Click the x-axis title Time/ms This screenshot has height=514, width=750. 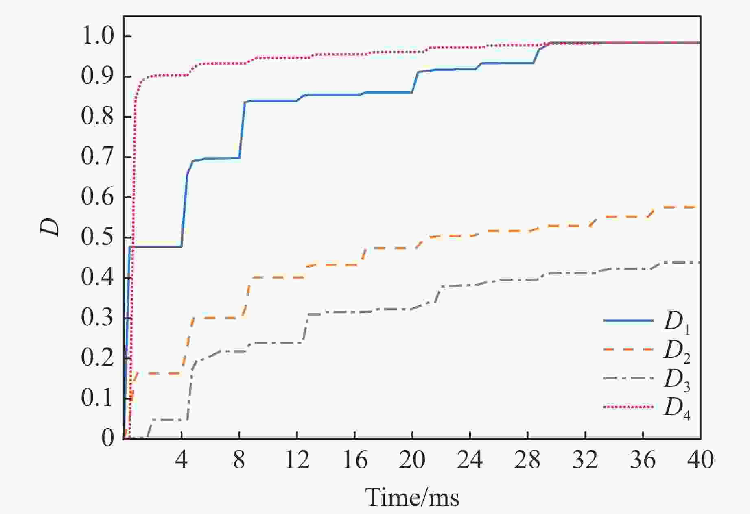click(x=412, y=497)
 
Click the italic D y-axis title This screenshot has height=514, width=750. click(x=50, y=227)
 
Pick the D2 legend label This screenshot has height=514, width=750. click(x=677, y=351)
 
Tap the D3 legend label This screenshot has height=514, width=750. click(x=677, y=380)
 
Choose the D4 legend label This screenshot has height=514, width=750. click(x=677, y=408)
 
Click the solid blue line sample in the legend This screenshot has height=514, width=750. click(x=628, y=320)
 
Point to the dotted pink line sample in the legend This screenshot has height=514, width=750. click(x=628, y=406)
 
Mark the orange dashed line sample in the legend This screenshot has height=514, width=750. click(x=628, y=349)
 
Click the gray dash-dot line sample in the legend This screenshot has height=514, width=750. click(x=628, y=378)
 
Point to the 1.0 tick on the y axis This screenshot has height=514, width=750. click(x=98, y=36)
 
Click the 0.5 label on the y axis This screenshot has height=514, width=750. click(x=98, y=237)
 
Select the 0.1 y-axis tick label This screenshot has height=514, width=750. click(x=98, y=398)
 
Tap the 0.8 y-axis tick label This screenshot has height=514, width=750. click(x=98, y=117)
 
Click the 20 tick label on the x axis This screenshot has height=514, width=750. click(x=412, y=460)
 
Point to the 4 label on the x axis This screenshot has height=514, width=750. click(x=181, y=460)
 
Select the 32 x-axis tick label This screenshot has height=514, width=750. click(x=585, y=460)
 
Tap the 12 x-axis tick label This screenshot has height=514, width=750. click(x=297, y=460)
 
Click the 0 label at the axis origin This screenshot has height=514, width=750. click(x=108, y=438)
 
